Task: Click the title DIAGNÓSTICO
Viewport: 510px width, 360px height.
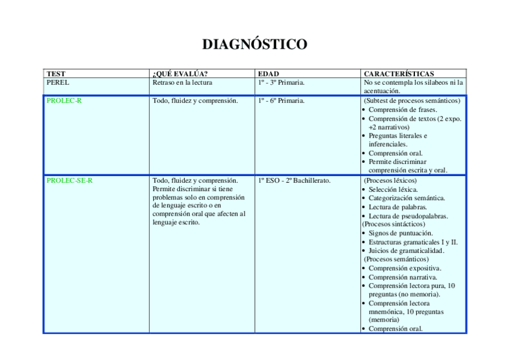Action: (x=254, y=44)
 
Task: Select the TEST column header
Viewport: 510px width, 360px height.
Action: (x=56, y=74)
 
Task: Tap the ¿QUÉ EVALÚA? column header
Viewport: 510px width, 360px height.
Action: (x=180, y=74)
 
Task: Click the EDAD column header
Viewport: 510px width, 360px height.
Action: (x=268, y=74)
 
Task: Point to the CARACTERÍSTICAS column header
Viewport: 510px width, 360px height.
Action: (x=399, y=74)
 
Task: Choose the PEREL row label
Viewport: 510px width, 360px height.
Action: (x=58, y=82)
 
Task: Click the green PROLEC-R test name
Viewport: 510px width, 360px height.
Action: (x=64, y=101)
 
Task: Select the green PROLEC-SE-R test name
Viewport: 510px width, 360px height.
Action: (x=69, y=180)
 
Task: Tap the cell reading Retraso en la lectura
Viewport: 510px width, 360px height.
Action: (x=182, y=82)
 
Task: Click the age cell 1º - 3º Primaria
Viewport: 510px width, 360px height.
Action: (x=281, y=82)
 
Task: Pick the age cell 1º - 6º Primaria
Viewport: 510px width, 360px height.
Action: (x=281, y=101)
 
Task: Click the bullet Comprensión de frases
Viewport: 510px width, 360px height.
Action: (x=402, y=110)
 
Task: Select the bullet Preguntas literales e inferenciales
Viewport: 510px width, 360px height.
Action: (x=398, y=140)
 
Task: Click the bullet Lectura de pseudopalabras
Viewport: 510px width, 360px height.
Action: (x=408, y=216)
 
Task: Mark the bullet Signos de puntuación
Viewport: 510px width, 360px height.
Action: (x=401, y=233)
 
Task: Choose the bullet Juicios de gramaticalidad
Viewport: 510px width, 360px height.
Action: (x=406, y=251)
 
